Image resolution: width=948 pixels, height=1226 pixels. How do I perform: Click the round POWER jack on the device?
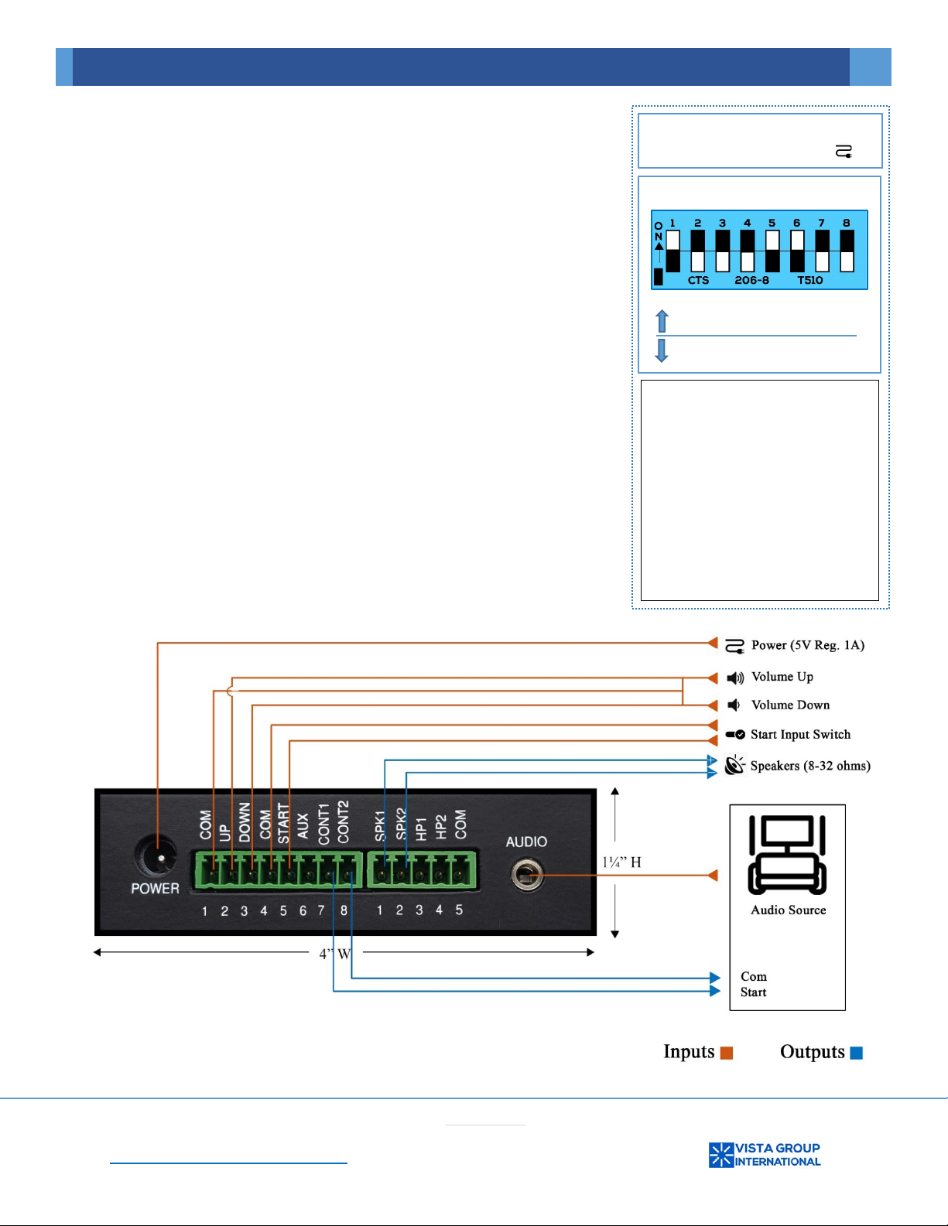coord(156,857)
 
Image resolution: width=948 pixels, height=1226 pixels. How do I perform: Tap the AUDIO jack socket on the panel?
coord(527,875)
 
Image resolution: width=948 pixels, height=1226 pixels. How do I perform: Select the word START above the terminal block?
coord(283,823)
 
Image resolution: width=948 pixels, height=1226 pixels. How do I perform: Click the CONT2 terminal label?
coord(343,821)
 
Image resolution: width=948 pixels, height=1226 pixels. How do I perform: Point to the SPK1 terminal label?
coord(380,826)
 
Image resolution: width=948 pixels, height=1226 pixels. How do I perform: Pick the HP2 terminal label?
coord(440,827)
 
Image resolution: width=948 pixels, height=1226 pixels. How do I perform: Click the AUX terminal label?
coord(303,825)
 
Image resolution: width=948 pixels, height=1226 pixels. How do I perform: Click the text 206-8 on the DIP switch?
coord(751,280)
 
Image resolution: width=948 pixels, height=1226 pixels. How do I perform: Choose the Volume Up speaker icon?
coord(734,678)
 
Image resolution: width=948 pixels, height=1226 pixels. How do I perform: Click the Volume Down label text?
coord(790,705)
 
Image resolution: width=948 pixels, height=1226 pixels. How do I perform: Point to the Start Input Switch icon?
coord(735,734)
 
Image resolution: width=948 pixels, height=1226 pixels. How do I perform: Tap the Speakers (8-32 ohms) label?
coord(810,766)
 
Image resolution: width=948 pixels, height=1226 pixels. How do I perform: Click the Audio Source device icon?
coord(787,854)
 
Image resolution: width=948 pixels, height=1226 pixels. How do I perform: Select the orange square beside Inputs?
coord(726,1053)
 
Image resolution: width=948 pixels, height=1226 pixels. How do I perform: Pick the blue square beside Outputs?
coord(857,1053)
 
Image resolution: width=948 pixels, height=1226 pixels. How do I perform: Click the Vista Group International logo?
coord(765,1154)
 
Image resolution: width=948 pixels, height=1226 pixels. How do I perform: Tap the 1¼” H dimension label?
coord(621,862)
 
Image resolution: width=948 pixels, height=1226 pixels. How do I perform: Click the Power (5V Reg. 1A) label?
coord(807,645)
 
